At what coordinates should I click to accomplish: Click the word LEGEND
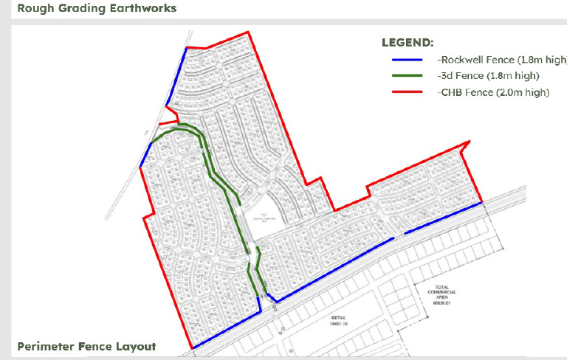click(408, 43)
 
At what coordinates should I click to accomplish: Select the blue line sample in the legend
click(402, 60)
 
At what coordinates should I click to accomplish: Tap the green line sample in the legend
click(402, 76)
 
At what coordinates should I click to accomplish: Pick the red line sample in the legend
click(402, 93)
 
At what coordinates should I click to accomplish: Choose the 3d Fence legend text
click(485, 76)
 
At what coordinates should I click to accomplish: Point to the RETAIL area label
click(339, 318)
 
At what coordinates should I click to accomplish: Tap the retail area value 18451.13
click(339, 324)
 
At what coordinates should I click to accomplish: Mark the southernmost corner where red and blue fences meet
click(192, 348)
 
